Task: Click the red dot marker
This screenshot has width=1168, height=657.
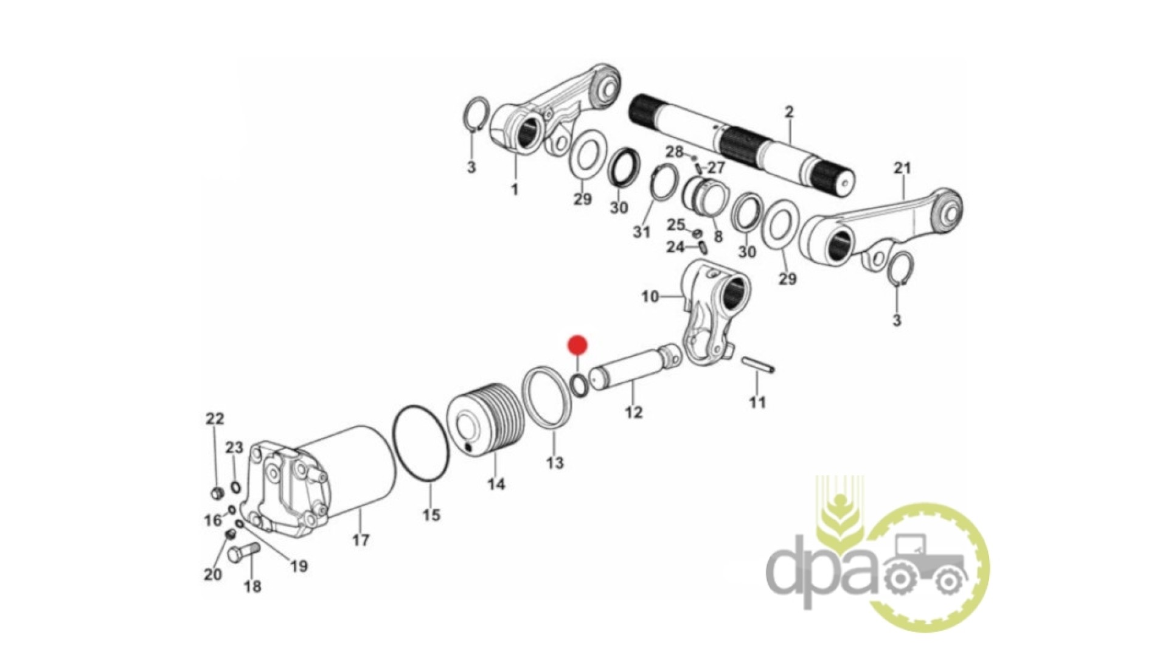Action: [x=577, y=346]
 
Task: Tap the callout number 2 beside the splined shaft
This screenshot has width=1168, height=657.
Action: [x=789, y=112]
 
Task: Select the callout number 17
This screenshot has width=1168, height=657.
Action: [x=361, y=540]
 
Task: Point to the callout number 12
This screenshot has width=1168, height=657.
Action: [x=633, y=412]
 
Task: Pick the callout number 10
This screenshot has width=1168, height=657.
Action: [x=650, y=296]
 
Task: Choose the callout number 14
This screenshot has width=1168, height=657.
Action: [x=496, y=484]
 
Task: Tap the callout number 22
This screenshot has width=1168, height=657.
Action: [x=215, y=419]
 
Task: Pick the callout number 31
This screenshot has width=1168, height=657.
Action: [x=641, y=232]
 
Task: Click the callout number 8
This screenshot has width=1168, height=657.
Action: [x=718, y=236]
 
